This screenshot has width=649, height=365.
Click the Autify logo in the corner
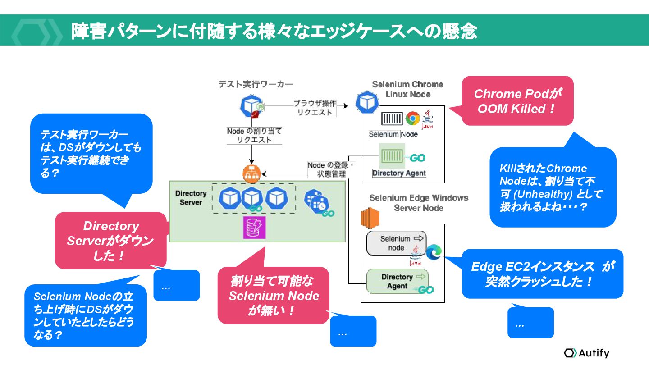pos(586,353)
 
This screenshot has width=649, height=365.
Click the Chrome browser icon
pos(412,119)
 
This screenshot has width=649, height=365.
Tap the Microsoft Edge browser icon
pos(434,252)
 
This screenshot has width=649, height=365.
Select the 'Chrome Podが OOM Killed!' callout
pos(517,101)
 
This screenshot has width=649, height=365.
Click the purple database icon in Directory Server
pos(255,228)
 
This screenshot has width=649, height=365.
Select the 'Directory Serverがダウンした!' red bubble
pos(110,241)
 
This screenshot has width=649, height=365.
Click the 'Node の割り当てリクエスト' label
pos(254,135)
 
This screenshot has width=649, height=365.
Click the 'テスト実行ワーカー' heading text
pos(256,84)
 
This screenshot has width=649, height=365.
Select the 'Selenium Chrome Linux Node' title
pos(408,89)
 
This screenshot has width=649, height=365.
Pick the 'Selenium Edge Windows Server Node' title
pos(419,203)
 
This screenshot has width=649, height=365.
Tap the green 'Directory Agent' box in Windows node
pos(397,281)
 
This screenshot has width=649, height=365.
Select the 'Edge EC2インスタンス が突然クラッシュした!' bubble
pos(542,274)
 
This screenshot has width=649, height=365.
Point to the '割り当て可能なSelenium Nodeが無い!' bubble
pos(273,296)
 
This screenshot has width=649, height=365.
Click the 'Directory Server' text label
pos(191,198)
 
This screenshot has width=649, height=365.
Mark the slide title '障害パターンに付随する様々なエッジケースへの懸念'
pos(274,31)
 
